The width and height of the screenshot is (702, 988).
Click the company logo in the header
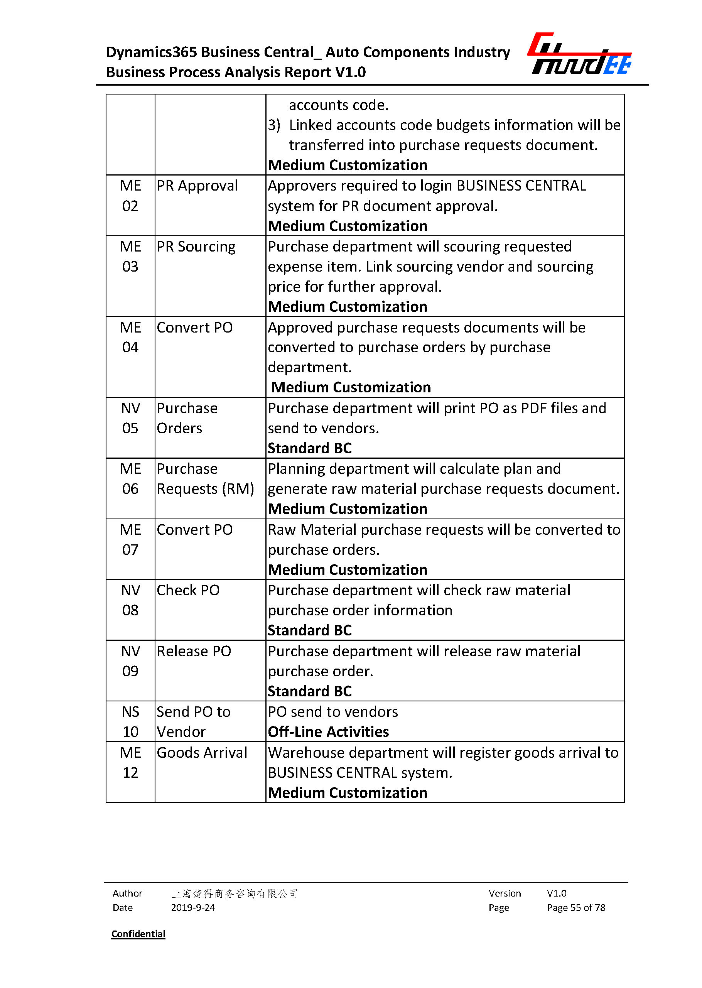[579, 54]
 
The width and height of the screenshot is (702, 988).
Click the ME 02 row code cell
[130, 196]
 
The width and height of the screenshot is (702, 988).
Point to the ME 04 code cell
[130, 337]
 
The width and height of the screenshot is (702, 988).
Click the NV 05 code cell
[130, 418]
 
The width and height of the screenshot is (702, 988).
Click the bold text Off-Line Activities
[328, 732]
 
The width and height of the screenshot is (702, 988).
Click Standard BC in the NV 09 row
[309, 691]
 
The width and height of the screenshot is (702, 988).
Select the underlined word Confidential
[138, 934]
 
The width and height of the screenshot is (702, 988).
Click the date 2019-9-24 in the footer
[193, 908]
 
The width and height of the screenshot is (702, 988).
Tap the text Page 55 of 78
[576, 908]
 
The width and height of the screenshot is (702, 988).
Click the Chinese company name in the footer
[234, 893]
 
